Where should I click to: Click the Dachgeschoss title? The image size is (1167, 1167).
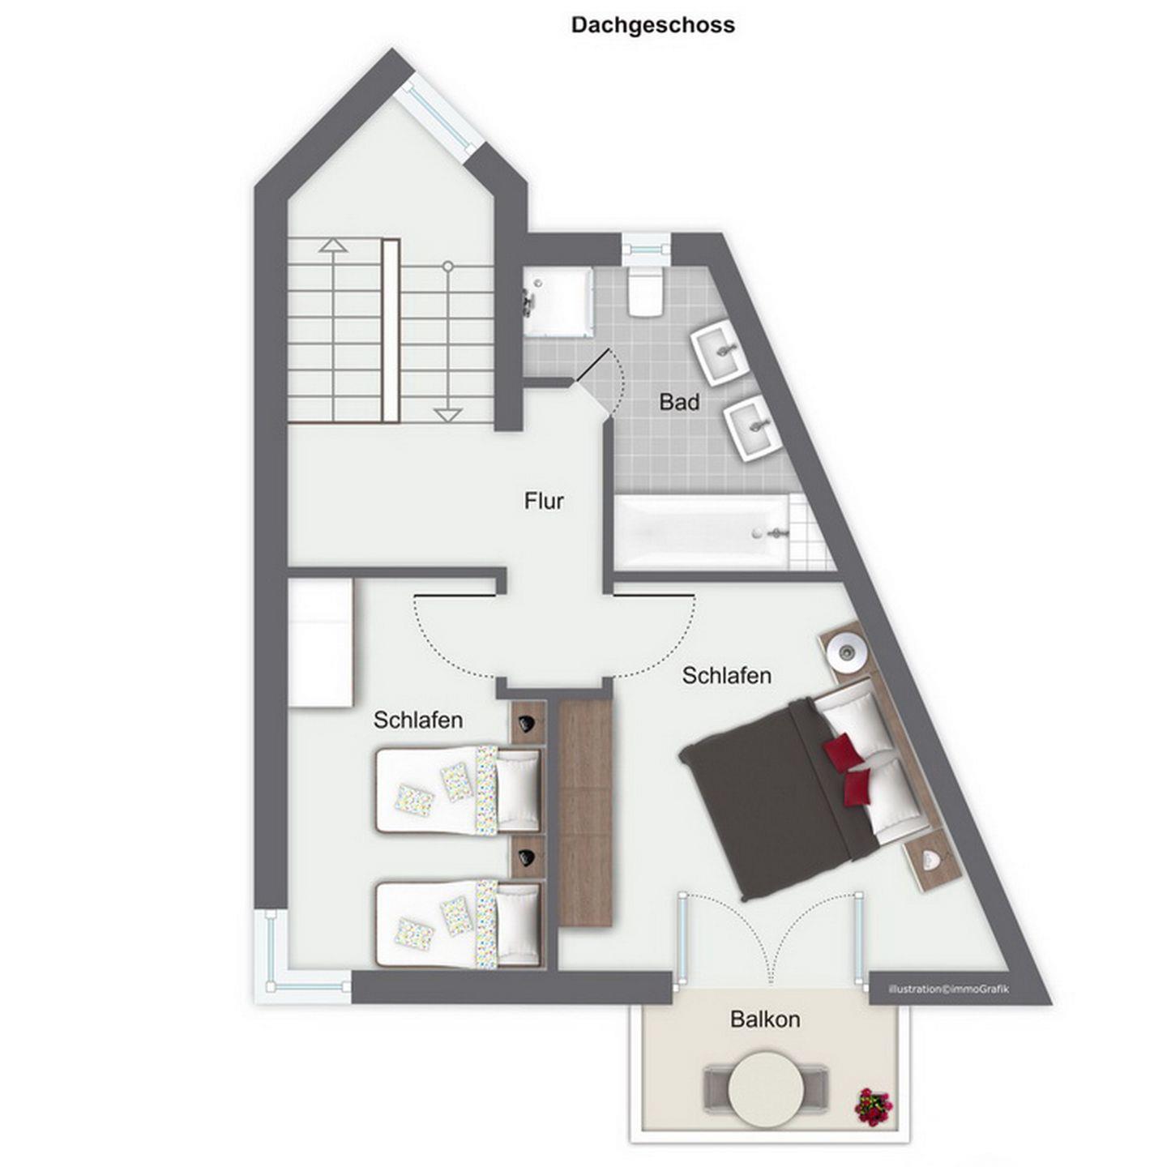pos(653,25)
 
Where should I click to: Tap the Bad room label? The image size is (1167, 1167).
pos(679,401)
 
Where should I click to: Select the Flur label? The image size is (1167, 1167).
pos(544,501)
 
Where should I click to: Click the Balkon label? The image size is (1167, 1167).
pos(765,1019)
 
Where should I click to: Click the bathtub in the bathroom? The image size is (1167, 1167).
pos(703,532)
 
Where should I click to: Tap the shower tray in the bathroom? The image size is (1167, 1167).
pos(558,302)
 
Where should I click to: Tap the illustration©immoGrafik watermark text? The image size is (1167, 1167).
pos(948,989)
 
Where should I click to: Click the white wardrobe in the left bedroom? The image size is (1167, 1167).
pos(320,643)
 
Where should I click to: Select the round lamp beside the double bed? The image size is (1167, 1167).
pos(846,651)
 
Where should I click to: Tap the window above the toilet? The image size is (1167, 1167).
pos(647,249)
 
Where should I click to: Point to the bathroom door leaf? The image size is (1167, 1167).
pos(592,365)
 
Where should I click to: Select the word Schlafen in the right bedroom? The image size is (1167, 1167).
pos(726,675)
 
